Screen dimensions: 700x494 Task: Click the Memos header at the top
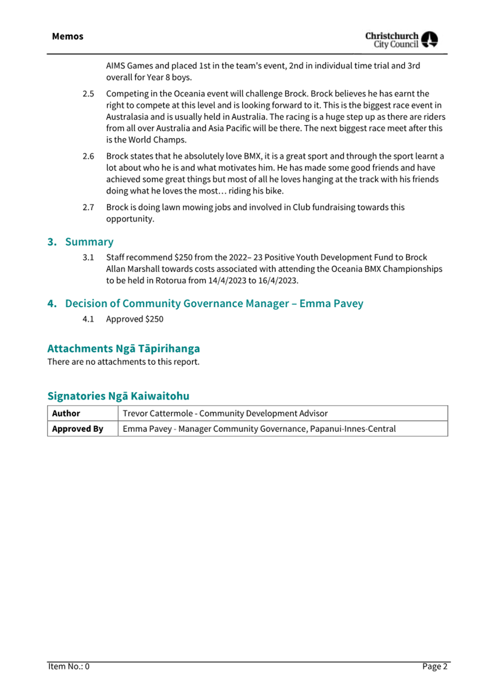(x=67, y=37)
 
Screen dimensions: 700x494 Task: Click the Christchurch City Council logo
(x=401, y=40)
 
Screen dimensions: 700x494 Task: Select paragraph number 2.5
(x=88, y=94)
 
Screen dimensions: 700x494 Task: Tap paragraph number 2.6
(x=88, y=156)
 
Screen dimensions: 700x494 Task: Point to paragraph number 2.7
(x=88, y=208)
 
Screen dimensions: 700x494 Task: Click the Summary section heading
(x=89, y=242)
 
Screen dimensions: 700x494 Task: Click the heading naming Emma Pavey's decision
(x=214, y=303)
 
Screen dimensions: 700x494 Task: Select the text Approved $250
(x=135, y=319)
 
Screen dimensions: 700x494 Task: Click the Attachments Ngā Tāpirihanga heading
(x=123, y=348)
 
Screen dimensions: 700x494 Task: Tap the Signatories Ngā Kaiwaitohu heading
(x=118, y=396)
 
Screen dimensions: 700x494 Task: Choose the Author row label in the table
(x=66, y=413)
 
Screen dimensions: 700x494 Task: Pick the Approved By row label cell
(x=78, y=429)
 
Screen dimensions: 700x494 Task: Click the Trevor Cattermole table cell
(x=225, y=413)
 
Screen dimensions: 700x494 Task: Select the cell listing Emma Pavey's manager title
(x=259, y=429)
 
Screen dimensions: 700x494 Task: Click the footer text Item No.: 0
(x=69, y=666)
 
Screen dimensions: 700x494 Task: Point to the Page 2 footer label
(x=434, y=666)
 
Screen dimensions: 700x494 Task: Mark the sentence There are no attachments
(x=123, y=362)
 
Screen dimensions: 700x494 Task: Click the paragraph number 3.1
(x=88, y=257)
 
